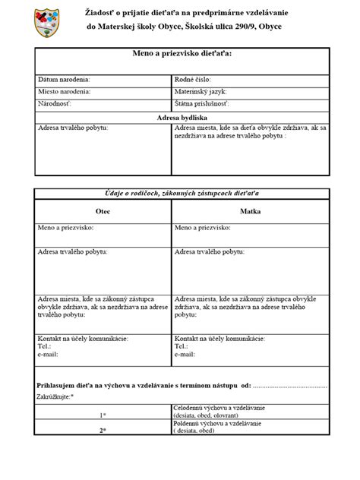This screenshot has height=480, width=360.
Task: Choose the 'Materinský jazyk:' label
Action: pyautogui.click(x=202, y=90)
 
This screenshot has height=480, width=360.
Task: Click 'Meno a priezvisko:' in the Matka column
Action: pyautogui.click(x=208, y=226)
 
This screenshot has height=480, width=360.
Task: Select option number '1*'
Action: pyautogui.click(x=103, y=415)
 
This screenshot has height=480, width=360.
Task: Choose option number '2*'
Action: pyautogui.click(x=103, y=431)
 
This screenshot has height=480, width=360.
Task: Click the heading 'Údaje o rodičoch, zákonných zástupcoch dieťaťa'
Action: pyautogui.click(x=180, y=194)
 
